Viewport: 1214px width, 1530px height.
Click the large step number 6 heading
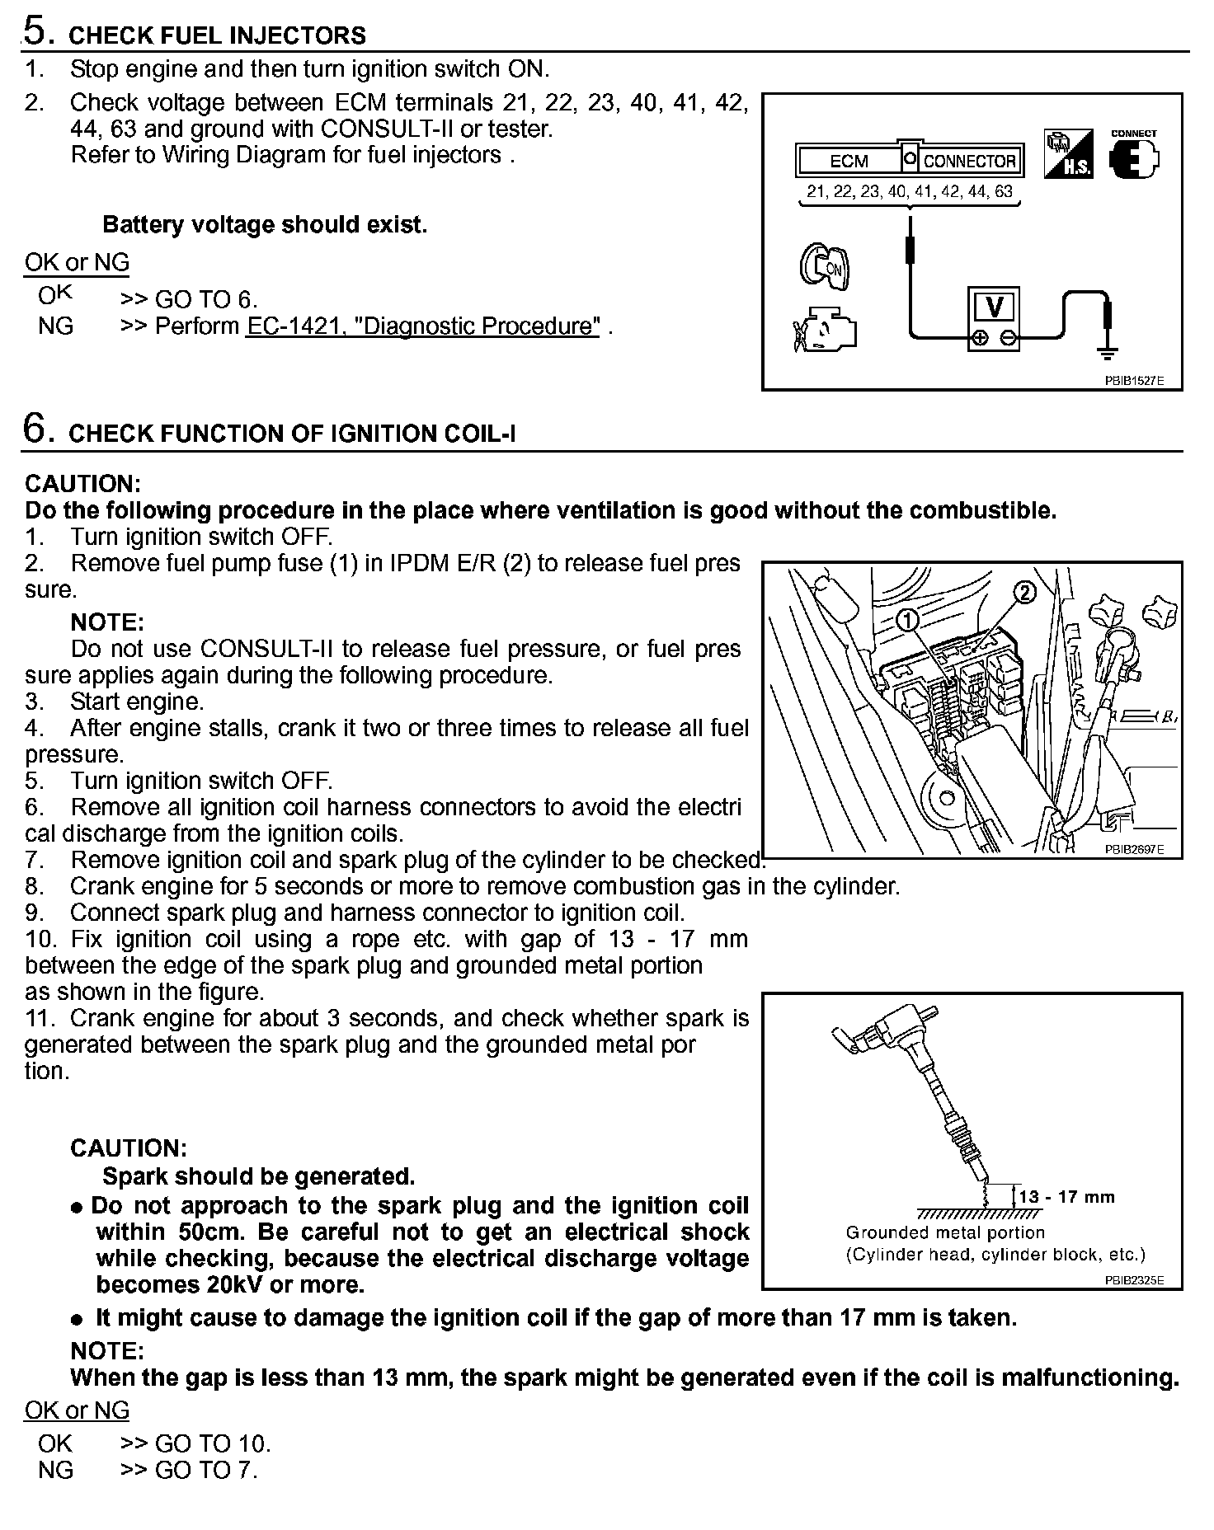click(x=35, y=429)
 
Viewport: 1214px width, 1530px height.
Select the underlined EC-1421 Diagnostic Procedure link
click(x=422, y=326)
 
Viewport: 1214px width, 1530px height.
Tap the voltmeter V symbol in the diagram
click(x=994, y=307)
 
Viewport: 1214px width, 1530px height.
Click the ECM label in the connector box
click(x=849, y=161)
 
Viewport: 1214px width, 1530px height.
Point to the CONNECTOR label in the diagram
click(x=970, y=161)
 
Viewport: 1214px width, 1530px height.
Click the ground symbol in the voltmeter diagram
click(x=1107, y=352)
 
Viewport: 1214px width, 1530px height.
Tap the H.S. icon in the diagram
click(x=1068, y=154)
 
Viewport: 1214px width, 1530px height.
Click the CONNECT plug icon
click(x=1134, y=156)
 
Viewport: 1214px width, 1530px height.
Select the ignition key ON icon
click(x=824, y=265)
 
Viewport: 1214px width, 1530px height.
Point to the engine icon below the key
click(x=824, y=329)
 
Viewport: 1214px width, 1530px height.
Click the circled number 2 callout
click(x=1023, y=592)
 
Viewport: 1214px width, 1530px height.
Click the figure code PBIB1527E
click(x=1134, y=381)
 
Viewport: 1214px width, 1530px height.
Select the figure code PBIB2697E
click(x=1134, y=849)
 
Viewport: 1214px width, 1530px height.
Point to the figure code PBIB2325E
click(x=1134, y=1281)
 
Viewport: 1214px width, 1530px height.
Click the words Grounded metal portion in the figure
click(x=945, y=1232)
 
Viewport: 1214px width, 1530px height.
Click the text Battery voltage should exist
click(x=265, y=225)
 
